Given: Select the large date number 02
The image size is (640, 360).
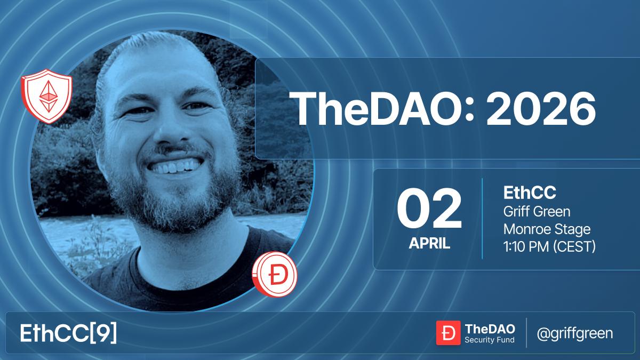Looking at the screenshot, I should [429, 210].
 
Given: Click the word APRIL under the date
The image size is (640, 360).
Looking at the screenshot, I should [429, 244].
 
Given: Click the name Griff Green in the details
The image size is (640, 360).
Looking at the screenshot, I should [537, 212].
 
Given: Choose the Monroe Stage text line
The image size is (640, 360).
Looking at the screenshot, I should [547, 229].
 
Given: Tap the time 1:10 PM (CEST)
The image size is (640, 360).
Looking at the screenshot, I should [549, 247].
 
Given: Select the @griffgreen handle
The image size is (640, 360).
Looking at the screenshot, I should [574, 333].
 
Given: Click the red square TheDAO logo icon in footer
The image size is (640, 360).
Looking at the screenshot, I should [448, 333].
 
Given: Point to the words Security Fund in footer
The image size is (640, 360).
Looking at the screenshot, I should [489, 340].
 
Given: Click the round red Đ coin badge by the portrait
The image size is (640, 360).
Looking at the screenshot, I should [275, 274].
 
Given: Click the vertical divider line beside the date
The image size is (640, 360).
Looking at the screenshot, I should [483, 219].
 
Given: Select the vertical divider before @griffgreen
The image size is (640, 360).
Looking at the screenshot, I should [526, 333].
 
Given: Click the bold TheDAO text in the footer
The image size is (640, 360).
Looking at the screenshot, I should [486, 328].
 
